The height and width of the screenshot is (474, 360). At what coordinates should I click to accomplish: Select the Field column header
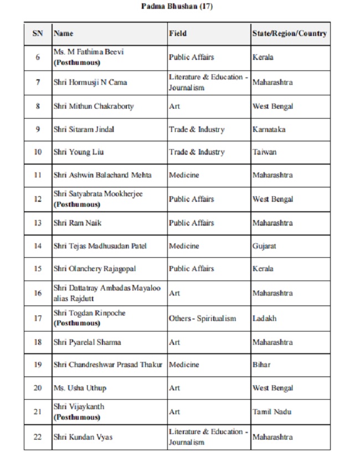pyautogui.click(x=178, y=33)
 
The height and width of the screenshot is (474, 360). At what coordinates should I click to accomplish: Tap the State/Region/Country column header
pyautogui.click(x=289, y=33)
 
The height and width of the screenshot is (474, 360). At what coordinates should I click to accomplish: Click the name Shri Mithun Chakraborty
pyautogui.click(x=94, y=106)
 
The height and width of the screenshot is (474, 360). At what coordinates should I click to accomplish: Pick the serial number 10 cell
pyautogui.click(x=38, y=152)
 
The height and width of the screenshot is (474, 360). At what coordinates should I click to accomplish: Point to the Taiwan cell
pyautogui.click(x=264, y=152)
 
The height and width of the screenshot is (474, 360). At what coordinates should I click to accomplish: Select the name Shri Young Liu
pyautogui.click(x=79, y=152)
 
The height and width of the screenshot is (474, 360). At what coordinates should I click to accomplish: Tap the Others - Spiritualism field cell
pyautogui.click(x=202, y=319)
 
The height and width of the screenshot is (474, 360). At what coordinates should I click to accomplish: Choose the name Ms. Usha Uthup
pyautogui.click(x=80, y=388)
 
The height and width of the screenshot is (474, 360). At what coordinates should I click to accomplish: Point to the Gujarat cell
pyautogui.click(x=264, y=246)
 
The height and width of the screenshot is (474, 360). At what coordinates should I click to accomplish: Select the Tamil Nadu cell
pyautogui.click(x=271, y=411)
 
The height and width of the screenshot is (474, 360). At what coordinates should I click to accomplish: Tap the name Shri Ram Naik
pyautogui.click(x=78, y=223)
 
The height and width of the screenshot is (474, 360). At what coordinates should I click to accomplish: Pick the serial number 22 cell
pyautogui.click(x=38, y=437)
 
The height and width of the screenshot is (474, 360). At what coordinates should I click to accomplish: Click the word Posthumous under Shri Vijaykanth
pyautogui.click(x=77, y=417)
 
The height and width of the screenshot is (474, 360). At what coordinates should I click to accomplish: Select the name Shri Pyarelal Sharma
pyautogui.click(x=87, y=342)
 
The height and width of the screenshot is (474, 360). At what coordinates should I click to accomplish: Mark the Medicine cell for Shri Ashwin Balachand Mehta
pyautogui.click(x=183, y=175)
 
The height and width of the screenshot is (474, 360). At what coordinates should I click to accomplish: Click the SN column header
pyautogui.click(x=38, y=33)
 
